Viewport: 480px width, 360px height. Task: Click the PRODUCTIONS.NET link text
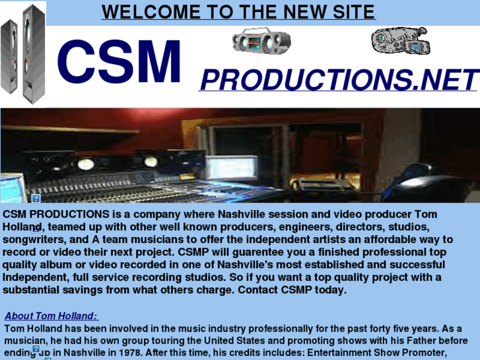(x=338, y=80)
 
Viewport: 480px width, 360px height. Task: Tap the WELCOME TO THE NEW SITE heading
(x=238, y=12)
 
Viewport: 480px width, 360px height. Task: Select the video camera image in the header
(x=400, y=41)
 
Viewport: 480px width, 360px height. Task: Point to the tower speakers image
(x=23, y=52)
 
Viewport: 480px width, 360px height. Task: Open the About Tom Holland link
(x=51, y=316)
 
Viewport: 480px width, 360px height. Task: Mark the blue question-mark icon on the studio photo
(x=36, y=198)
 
